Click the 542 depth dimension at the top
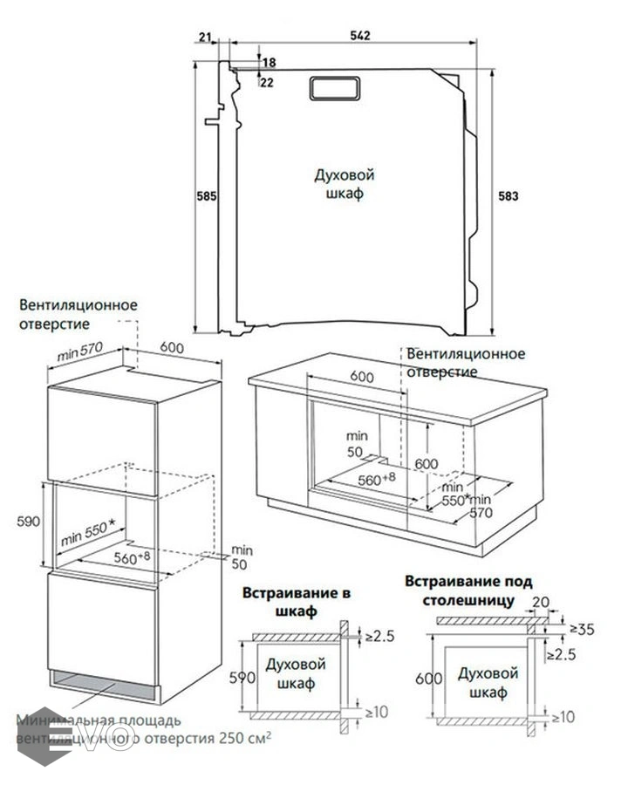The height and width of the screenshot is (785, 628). point(360,36)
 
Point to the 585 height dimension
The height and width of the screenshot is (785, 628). point(206,196)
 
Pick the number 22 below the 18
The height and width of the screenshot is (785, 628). point(267,82)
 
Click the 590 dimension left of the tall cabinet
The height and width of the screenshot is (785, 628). point(30,522)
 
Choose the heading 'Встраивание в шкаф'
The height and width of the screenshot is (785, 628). point(298,602)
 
